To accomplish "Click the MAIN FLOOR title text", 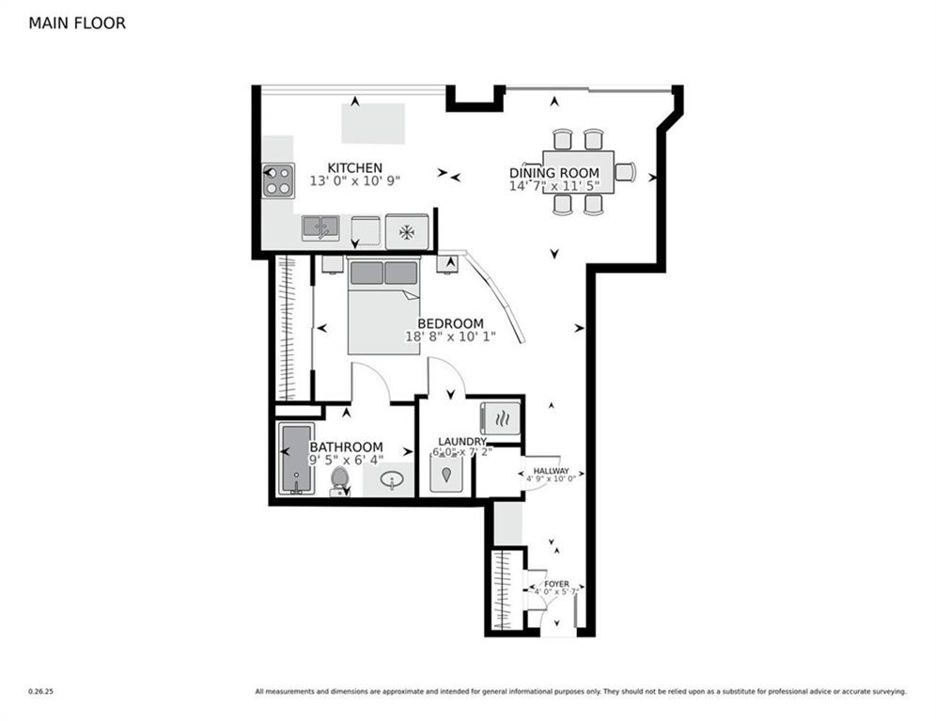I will [77, 24].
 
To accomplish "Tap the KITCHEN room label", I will [354, 168].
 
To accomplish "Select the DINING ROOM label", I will [553, 173].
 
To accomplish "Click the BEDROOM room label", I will [451, 324].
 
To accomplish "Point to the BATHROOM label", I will [346, 447].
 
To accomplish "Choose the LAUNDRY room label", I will [462, 442].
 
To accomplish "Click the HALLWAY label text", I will [551, 471].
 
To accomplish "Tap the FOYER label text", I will [556, 584].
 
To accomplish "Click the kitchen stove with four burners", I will [278, 180].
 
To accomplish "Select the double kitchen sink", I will [320, 228].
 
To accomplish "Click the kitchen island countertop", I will [372, 123].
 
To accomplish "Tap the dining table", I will [578, 172].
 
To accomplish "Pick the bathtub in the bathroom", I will [296, 459].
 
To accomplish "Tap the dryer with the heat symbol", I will [500, 417].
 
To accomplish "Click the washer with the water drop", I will [446, 472].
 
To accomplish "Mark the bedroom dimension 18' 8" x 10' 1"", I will [450, 337].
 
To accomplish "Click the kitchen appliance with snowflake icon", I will [406, 231].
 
